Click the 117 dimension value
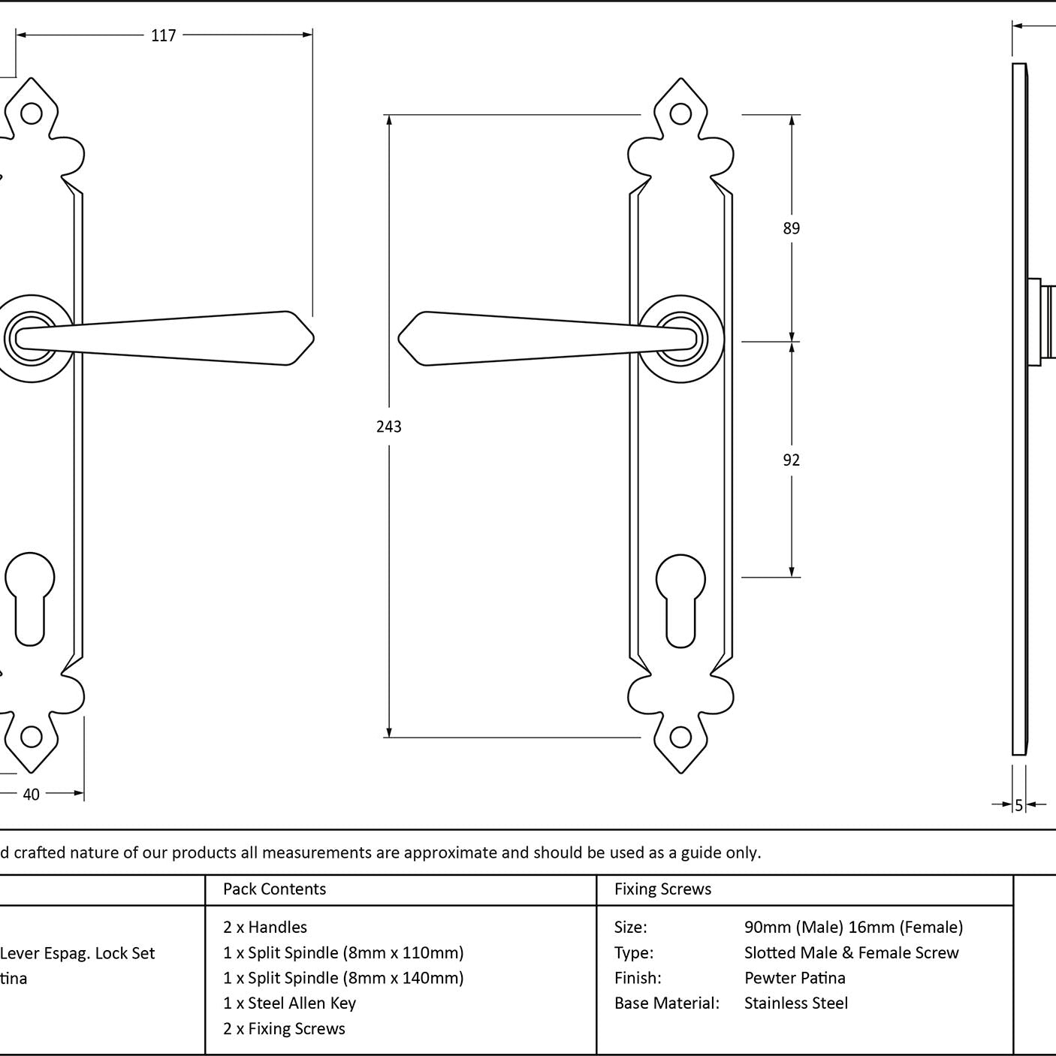pos(164,35)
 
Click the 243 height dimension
pos(389,427)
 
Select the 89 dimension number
pos(792,228)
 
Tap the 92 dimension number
pos(792,460)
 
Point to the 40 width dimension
pos(31,795)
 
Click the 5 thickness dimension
pos(1019,805)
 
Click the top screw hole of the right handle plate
pos(680,114)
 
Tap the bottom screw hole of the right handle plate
pos(680,737)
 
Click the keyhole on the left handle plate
pos(30,598)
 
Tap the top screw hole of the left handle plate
pos(31,113)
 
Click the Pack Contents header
pos(275,889)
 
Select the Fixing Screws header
pos(662,889)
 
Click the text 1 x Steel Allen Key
pos(289,1003)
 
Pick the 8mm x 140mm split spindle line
pos(343,978)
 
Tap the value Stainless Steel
pos(796,1003)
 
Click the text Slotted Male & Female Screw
pos(852,953)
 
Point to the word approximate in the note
pos(451,852)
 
